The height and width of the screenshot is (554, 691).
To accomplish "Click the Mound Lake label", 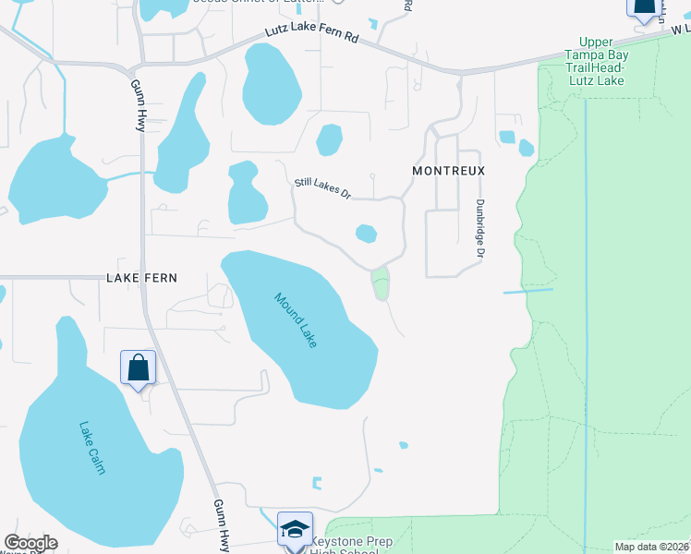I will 296,320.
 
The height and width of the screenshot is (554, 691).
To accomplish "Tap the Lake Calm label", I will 92,448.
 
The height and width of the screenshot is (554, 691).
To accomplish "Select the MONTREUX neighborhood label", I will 449,172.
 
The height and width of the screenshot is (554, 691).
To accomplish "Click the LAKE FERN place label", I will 141,277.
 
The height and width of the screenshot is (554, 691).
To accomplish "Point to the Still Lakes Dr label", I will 322,188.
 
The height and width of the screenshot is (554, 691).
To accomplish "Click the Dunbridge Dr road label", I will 480,228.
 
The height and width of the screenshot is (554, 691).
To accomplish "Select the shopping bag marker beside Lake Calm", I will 138,367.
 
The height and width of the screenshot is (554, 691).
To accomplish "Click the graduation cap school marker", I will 295,529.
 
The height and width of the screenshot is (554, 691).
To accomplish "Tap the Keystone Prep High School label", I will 344,546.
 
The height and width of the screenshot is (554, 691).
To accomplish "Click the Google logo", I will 30,543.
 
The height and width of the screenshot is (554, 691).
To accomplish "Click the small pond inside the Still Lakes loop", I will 366,234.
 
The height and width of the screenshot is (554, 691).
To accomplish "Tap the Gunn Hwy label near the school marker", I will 222,524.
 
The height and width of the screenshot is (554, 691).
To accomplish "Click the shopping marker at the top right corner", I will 644,7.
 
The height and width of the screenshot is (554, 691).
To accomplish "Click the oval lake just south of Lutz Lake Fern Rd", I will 272,84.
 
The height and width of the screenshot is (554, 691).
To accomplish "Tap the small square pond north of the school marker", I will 318,483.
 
